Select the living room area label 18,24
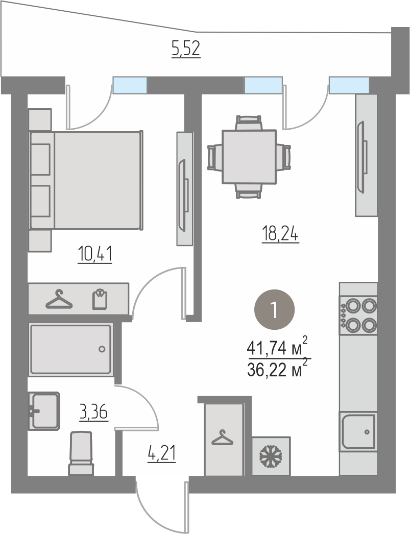click(x=280, y=235)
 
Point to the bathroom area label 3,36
click(x=93, y=412)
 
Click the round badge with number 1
click(x=275, y=309)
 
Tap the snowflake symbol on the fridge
click(x=271, y=456)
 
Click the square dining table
click(x=249, y=157)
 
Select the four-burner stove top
click(x=358, y=315)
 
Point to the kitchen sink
click(x=358, y=431)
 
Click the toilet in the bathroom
click(x=81, y=453)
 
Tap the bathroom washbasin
click(x=44, y=410)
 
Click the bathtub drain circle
click(x=102, y=349)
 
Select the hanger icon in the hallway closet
click(x=223, y=438)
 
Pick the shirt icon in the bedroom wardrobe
click(x=100, y=299)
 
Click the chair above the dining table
click(x=249, y=122)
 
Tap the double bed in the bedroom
click(x=86, y=180)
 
